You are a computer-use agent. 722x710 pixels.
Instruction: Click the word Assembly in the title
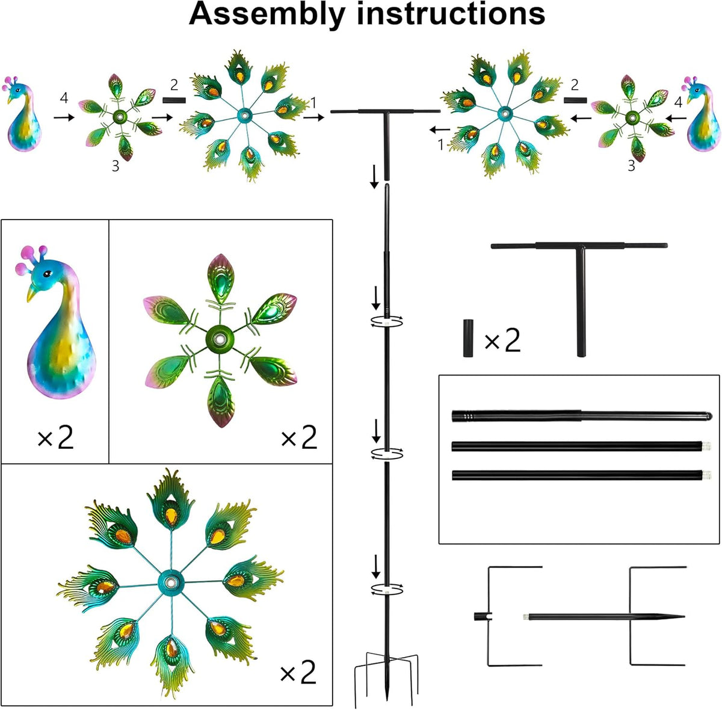(267, 15)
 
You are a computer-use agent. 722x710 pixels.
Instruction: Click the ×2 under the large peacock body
(56, 438)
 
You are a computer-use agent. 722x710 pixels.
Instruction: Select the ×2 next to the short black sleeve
(502, 341)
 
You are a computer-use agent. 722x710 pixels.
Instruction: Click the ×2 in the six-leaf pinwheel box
(299, 437)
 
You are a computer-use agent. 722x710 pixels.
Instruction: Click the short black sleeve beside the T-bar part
(468, 338)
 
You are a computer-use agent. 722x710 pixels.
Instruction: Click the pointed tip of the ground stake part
(683, 616)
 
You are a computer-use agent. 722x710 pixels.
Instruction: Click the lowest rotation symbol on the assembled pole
(387, 589)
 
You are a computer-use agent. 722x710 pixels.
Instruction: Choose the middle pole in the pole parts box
(581, 446)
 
